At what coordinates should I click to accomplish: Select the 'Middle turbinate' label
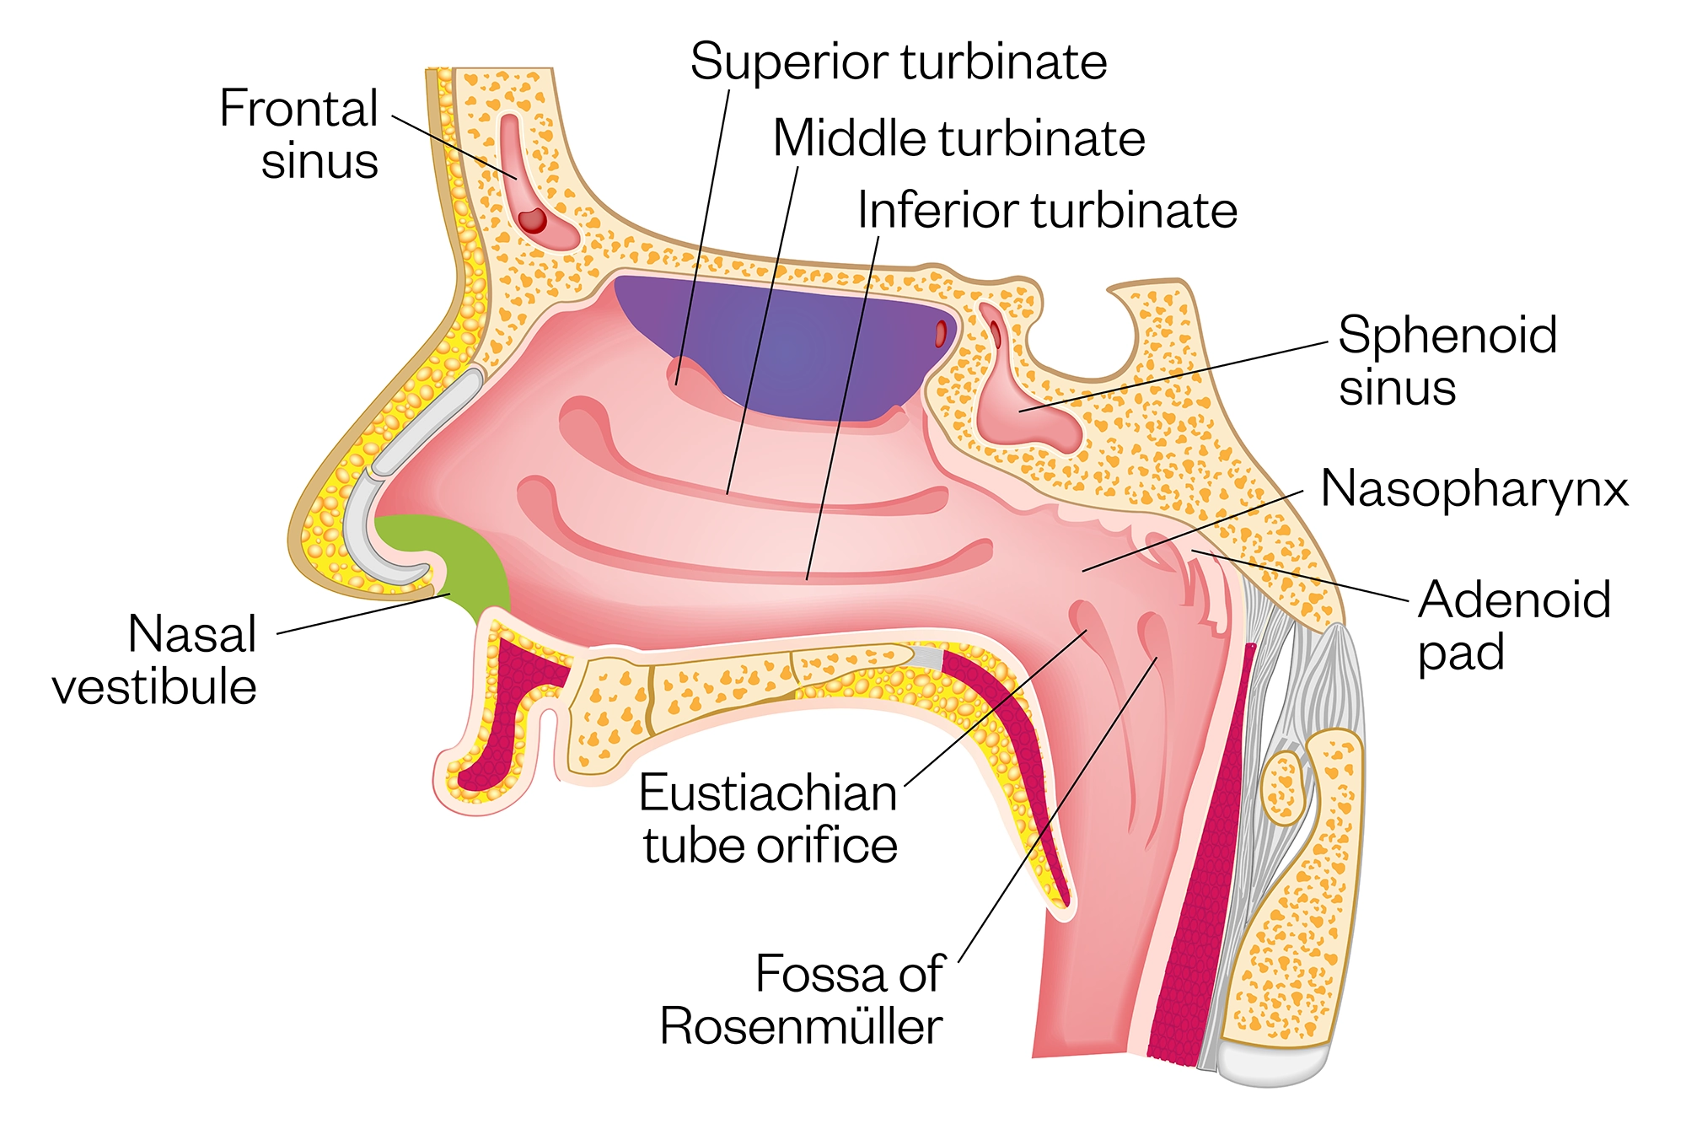coord(958,138)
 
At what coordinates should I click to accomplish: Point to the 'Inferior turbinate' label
coord(1047,210)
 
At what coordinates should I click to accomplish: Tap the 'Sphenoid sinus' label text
coord(1447,361)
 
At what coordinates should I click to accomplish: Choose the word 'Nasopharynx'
coord(1474,488)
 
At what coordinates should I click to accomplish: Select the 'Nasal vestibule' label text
coord(156,659)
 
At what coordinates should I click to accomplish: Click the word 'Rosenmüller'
coord(801,1026)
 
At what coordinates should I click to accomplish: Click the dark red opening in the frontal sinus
coord(533,221)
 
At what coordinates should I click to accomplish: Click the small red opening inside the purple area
coord(941,334)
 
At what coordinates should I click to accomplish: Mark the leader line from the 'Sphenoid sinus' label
coord(1180,375)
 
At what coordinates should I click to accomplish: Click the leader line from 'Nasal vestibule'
coord(362,614)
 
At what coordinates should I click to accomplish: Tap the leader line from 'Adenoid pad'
coord(1298,575)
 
